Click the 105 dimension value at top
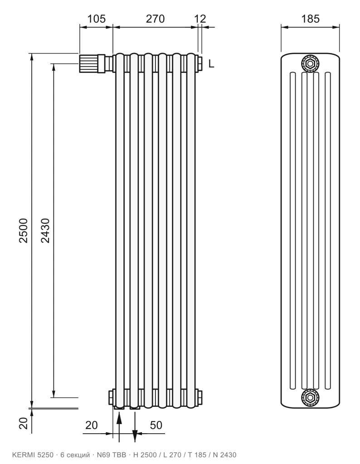point(97,19)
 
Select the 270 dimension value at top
point(155,19)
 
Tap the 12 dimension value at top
point(200,19)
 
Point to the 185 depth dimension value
point(311,19)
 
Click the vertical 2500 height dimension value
point(23,231)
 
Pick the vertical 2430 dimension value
point(45,231)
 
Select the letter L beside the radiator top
point(211,63)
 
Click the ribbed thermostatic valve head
point(88,63)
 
